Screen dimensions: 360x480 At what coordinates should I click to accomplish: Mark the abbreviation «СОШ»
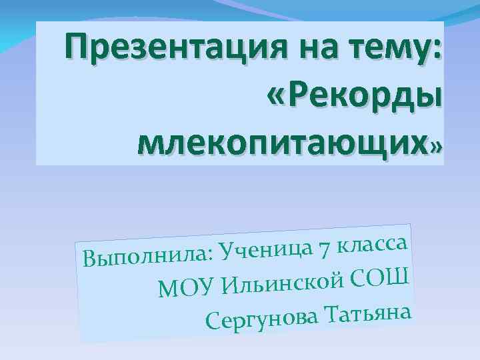click(x=381, y=275)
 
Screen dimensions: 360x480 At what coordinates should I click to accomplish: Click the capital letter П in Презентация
click(x=75, y=49)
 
